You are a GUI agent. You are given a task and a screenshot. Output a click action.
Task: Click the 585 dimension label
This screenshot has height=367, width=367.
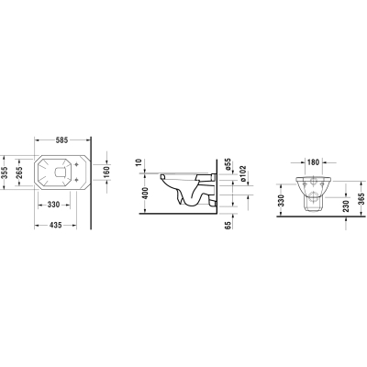pyautogui.click(x=61, y=140)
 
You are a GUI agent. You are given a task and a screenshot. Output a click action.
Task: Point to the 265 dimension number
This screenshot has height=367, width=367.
pyautogui.click(x=19, y=172)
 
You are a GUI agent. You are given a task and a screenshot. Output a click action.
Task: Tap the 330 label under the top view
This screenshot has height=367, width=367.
pyautogui.click(x=53, y=205)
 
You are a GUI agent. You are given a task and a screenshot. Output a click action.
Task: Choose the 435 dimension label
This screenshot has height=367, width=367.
pyautogui.click(x=56, y=225)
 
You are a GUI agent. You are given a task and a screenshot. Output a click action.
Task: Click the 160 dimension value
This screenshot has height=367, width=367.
pyautogui.click(x=106, y=172)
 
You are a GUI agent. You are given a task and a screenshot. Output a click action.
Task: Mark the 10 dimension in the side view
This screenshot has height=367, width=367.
pyautogui.click(x=139, y=162)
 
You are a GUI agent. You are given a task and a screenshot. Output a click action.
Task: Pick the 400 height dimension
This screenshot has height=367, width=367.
pyautogui.click(x=145, y=193)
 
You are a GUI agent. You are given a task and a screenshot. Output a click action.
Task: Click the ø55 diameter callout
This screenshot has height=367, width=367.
pyautogui.click(x=227, y=164)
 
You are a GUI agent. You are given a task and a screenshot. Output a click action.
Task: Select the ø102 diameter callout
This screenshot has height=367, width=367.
pyautogui.click(x=243, y=173)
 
